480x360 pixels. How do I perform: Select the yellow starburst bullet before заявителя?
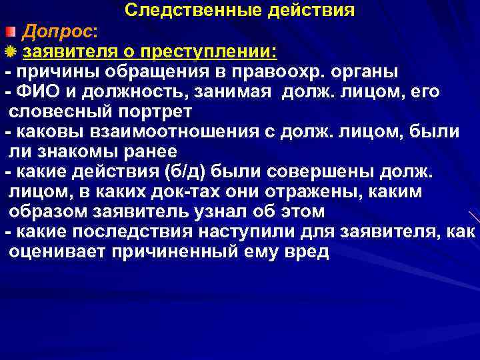pyautogui.click(x=11, y=52)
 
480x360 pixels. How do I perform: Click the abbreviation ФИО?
pyautogui.click(x=37, y=91)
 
